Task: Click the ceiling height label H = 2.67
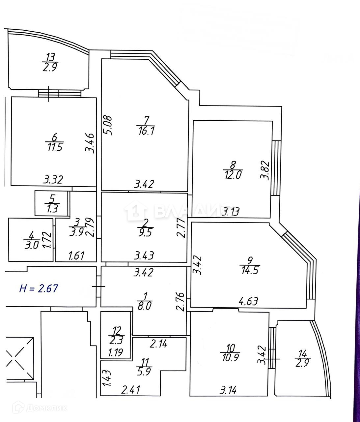click(39, 288)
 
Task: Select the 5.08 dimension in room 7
click(108, 125)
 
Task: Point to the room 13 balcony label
click(50, 63)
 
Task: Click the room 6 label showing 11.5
click(54, 142)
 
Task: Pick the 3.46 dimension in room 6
click(90, 142)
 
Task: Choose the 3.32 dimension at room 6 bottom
click(53, 180)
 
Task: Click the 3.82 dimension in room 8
click(265, 170)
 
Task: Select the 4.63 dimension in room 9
click(248, 301)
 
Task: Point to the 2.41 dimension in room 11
click(131, 390)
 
